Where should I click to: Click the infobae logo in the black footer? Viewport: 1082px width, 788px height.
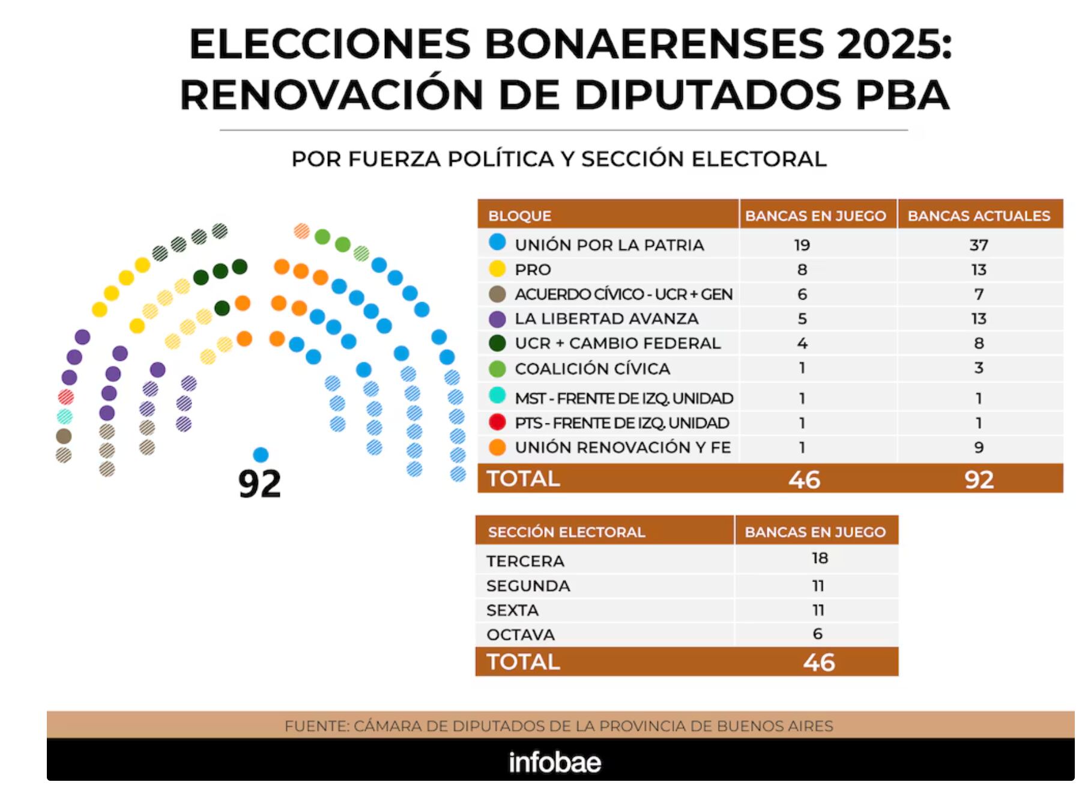[554, 762]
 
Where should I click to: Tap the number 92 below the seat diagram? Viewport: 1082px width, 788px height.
[259, 484]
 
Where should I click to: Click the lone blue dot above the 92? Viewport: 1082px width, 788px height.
[261, 454]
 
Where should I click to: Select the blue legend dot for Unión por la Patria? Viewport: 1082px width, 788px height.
[497, 243]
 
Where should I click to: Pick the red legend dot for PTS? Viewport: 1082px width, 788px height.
[497, 422]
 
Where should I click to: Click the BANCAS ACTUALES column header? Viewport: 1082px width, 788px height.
[979, 216]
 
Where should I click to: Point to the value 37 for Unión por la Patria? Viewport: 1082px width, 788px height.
[979, 245]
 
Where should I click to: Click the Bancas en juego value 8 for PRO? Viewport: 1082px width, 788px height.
[802, 270]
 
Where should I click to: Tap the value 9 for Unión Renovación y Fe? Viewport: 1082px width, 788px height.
[979, 447]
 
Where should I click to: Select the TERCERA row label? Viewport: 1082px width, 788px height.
[525, 561]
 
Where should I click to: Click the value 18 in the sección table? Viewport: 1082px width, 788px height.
[820, 559]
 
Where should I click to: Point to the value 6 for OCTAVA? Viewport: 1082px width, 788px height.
[817, 634]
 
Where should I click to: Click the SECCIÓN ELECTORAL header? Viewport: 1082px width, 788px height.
[566, 532]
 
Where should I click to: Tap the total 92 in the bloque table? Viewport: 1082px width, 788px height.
[979, 479]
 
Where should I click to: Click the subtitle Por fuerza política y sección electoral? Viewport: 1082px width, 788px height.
[559, 159]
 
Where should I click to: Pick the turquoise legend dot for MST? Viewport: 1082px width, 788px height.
[497, 395]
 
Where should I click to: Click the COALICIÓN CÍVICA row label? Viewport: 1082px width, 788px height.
[592, 369]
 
